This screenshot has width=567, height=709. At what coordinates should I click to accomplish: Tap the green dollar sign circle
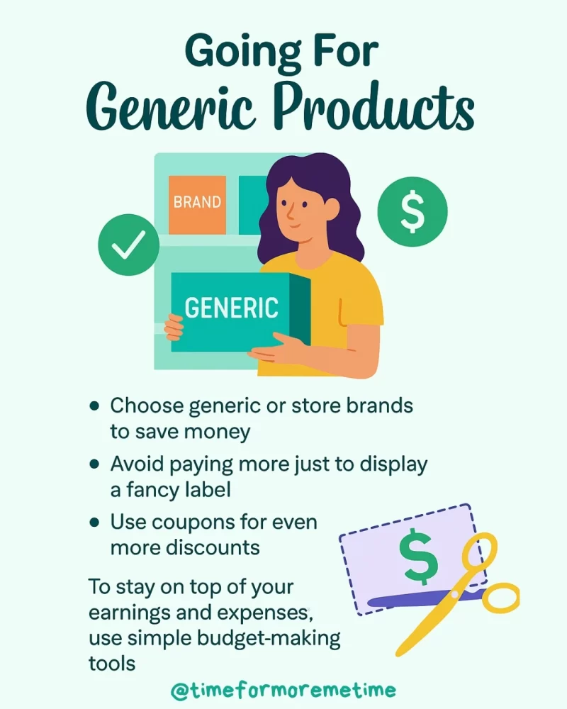coord(412,211)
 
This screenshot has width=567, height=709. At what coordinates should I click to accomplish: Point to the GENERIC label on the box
coord(232,308)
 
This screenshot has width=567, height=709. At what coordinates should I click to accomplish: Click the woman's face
coord(297,205)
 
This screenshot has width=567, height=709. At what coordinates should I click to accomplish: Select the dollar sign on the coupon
coord(418,557)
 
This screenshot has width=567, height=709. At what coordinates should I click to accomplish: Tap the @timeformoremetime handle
coord(283,690)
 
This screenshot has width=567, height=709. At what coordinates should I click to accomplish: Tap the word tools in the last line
coord(111,661)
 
